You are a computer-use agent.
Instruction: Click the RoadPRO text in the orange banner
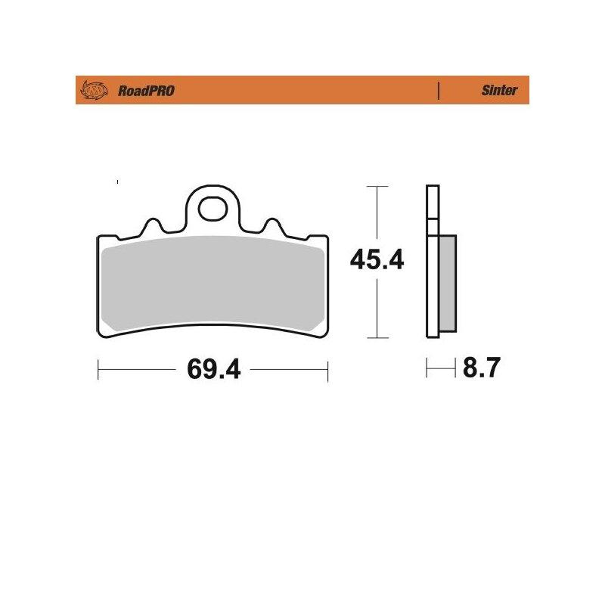pos(146,91)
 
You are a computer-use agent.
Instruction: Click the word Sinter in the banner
pos(499,90)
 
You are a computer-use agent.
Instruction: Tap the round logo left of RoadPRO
pos(94,90)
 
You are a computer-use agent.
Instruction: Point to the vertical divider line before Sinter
pos(439,91)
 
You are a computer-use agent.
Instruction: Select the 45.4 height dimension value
pos(377,259)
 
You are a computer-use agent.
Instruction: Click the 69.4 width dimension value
pos(214,369)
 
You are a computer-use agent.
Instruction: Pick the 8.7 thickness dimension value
pos(482,368)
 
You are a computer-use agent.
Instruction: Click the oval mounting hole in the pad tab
pos(213,209)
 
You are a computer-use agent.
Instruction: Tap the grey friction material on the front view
pos(213,283)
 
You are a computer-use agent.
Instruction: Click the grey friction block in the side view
pos(448,284)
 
